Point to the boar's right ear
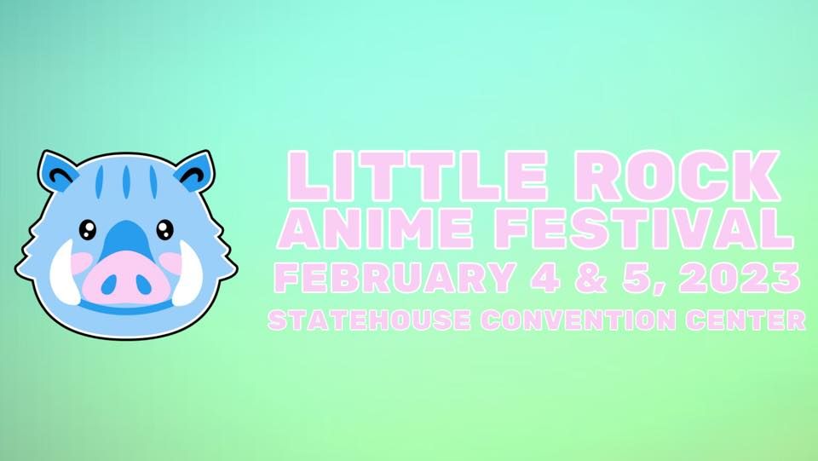[x=193, y=171]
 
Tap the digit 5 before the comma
[x=623, y=278]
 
